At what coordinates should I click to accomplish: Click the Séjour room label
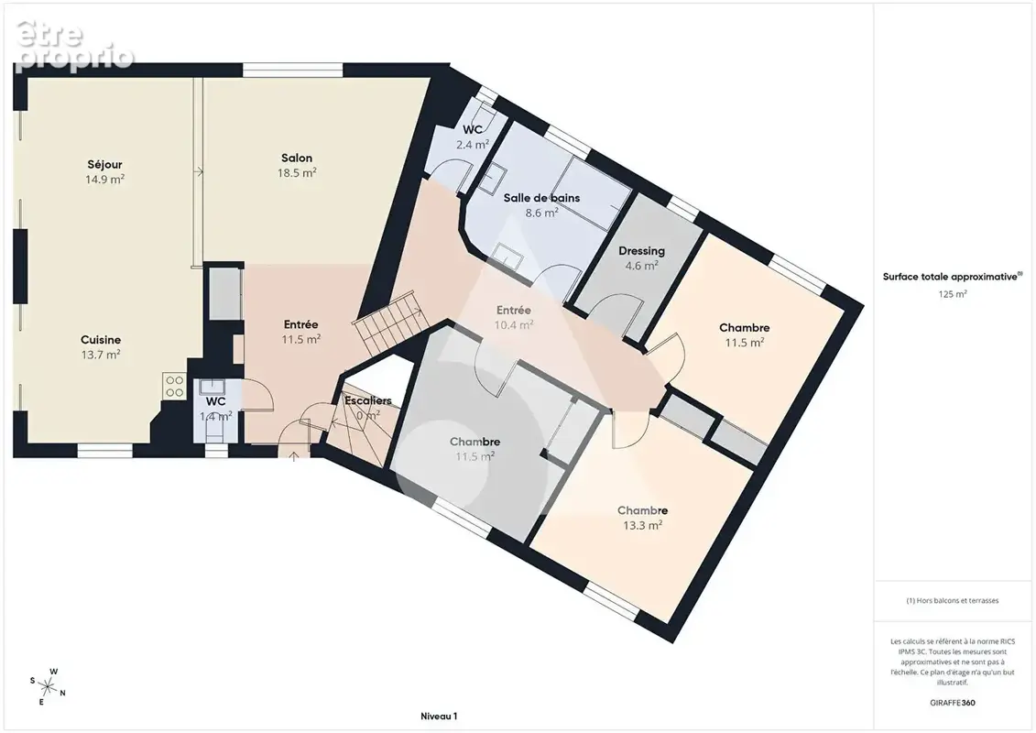tap(105, 165)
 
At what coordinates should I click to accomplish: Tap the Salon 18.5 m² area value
tap(297, 173)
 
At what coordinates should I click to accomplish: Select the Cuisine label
tap(101, 340)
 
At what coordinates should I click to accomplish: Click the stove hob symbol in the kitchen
tap(174, 387)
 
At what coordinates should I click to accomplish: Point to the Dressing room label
tap(641, 251)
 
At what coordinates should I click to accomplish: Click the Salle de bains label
tap(541, 198)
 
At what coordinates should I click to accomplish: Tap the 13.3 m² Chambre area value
tap(643, 525)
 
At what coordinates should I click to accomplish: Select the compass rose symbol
tap(48, 687)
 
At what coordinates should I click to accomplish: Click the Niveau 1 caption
tap(439, 716)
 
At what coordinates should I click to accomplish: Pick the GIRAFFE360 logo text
tap(952, 703)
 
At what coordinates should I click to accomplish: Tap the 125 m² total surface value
tap(952, 294)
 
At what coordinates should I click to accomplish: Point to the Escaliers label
tap(368, 400)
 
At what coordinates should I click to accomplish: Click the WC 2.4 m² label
tap(473, 137)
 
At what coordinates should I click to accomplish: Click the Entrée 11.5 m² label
tap(301, 332)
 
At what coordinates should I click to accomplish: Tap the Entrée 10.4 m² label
tap(513, 317)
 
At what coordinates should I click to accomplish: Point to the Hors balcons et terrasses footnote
tap(952, 601)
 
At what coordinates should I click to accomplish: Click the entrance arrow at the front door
tap(294, 455)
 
